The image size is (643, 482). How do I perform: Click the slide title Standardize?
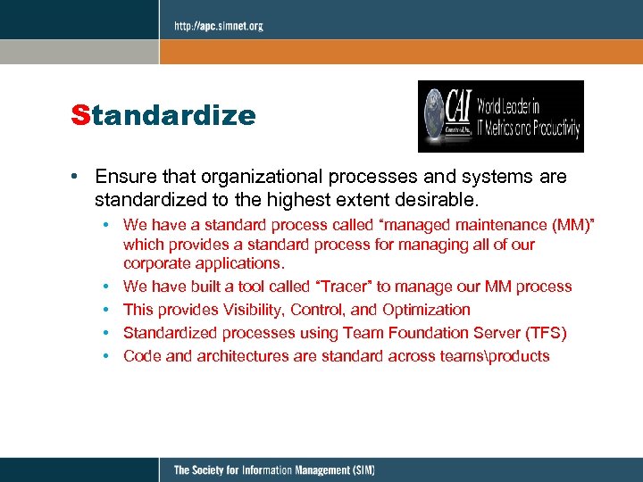(163, 116)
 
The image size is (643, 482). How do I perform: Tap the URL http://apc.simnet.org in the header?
(218, 27)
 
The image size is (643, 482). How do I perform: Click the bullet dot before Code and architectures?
(105, 356)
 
